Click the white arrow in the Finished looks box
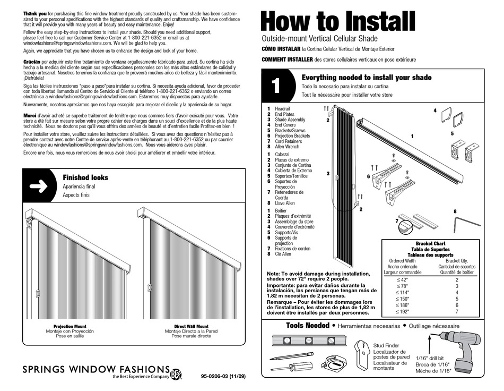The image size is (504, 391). point(40,186)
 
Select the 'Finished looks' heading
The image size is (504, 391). point(85,177)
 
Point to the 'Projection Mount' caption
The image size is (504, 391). point(70,326)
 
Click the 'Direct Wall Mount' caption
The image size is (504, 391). point(191,326)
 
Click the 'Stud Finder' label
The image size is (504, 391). point(386,345)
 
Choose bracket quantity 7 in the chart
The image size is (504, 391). point(456,311)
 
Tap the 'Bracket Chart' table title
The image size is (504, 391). point(430,243)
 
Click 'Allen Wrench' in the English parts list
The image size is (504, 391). point(286,147)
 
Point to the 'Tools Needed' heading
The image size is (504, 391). point(308,325)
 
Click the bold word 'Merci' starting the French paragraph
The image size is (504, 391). point(29,116)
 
